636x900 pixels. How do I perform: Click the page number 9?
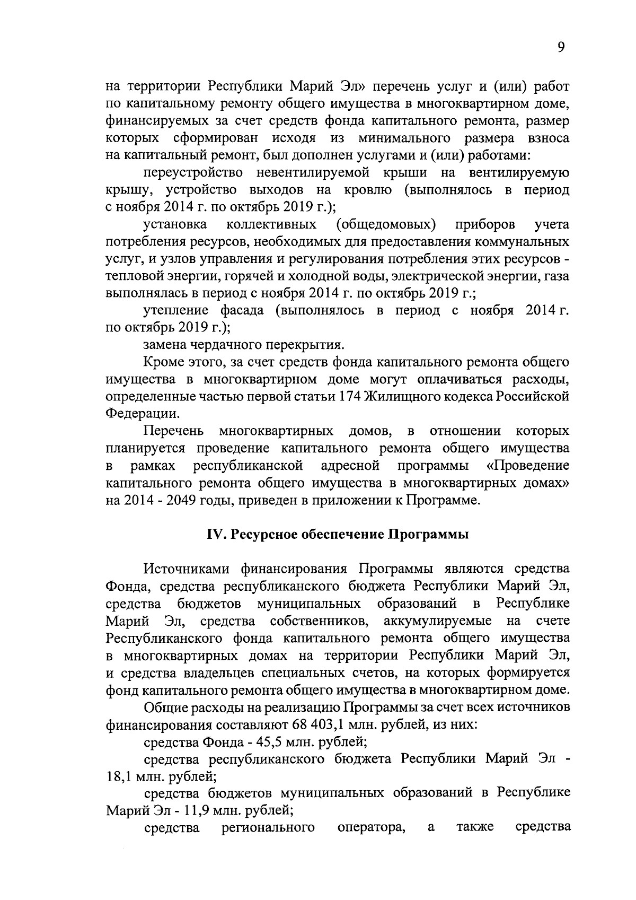pos(561,48)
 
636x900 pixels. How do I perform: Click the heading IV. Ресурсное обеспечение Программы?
pos(337,534)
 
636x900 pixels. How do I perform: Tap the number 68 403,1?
pos(316,724)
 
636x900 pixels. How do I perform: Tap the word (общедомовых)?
pos(386,224)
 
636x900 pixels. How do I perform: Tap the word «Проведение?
pos(527,466)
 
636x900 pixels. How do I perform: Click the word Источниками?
pos(187,569)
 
